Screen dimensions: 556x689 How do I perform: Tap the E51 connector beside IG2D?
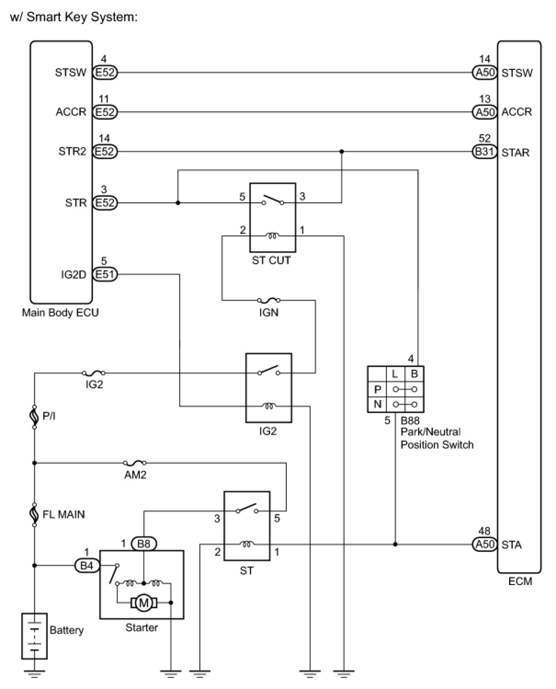pyautogui.click(x=105, y=274)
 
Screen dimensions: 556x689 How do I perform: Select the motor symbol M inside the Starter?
pyautogui.click(x=143, y=603)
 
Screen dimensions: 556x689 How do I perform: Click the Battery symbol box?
pyautogui.click(x=34, y=636)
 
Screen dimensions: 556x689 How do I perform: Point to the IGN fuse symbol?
pyautogui.click(x=268, y=300)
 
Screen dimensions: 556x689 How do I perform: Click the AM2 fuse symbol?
pyautogui.click(x=135, y=463)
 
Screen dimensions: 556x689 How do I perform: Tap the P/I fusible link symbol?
pyautogui.click(x=34, y=417)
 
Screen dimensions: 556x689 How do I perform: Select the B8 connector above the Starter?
pyautogui.click(x=144, y=544)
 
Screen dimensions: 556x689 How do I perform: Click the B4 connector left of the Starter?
pyautogui.click(x=86, y=565)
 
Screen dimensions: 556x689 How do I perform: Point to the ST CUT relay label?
pyautogui.click(x=272, y=260)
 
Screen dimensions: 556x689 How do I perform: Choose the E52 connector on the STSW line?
pyautogui.click(x=105, y=73)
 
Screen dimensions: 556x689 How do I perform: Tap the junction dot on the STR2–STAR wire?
pyautogui.click(x=342, y=151)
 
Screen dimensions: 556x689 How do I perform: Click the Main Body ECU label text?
pyautogui.click(x=60, y=312)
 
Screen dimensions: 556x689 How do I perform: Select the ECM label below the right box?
pyautogui.click(x=520, y=581)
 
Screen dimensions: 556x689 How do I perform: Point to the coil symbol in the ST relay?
pyautogui.click(x=246, y=544)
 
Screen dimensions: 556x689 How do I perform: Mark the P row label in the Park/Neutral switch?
pyautogui.click(x=377, y=389)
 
